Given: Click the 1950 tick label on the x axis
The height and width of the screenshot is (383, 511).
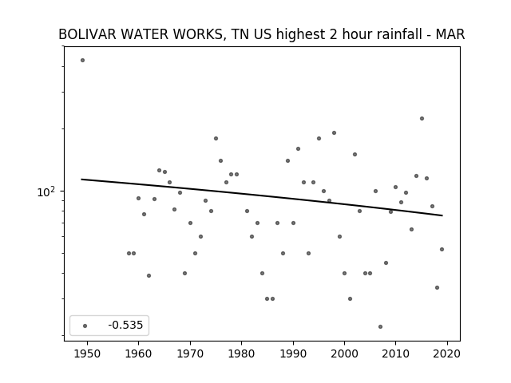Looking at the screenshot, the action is (87, 353).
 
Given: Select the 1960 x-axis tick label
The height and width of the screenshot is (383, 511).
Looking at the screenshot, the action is (138, 353).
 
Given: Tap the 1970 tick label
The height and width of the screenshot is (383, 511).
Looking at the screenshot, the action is (190, 353).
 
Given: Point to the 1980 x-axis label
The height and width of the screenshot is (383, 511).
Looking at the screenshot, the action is (241, 353).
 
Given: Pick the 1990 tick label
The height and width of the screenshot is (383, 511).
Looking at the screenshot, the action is (293, 353).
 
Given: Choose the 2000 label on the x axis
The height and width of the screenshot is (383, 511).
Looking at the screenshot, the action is (344, 353).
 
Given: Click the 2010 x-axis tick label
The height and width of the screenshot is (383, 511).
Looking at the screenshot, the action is (396, 353).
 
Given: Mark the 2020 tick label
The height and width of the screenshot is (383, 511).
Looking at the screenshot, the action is (447, 353).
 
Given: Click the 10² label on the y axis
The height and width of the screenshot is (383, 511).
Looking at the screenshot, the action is (46, 191).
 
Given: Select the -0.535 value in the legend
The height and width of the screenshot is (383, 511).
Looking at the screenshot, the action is (125, 325).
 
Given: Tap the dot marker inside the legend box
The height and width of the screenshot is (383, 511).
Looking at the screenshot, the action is (85, 326).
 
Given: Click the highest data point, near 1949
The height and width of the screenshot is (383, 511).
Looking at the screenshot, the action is (83, 61).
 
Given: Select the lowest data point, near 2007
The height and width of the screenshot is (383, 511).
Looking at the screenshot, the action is (380, 326).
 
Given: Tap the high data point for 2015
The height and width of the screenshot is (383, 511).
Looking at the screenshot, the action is (422, 119).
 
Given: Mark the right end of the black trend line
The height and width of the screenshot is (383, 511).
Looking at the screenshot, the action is (442, 215).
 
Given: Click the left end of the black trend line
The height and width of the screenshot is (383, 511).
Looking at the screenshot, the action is (81, 179).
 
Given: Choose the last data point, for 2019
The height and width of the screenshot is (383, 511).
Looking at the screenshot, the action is (442, 250).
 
